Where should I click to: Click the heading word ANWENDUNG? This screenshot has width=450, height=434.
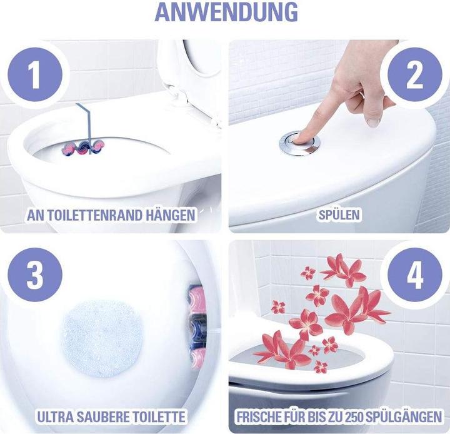point(226,12)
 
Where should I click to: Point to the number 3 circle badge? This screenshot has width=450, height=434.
point(36,276)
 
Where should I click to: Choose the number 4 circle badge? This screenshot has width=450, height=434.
point(414,276)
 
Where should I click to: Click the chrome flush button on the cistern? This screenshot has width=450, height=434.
point(299,143)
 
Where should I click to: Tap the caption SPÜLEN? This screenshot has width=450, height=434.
point(339,215)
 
